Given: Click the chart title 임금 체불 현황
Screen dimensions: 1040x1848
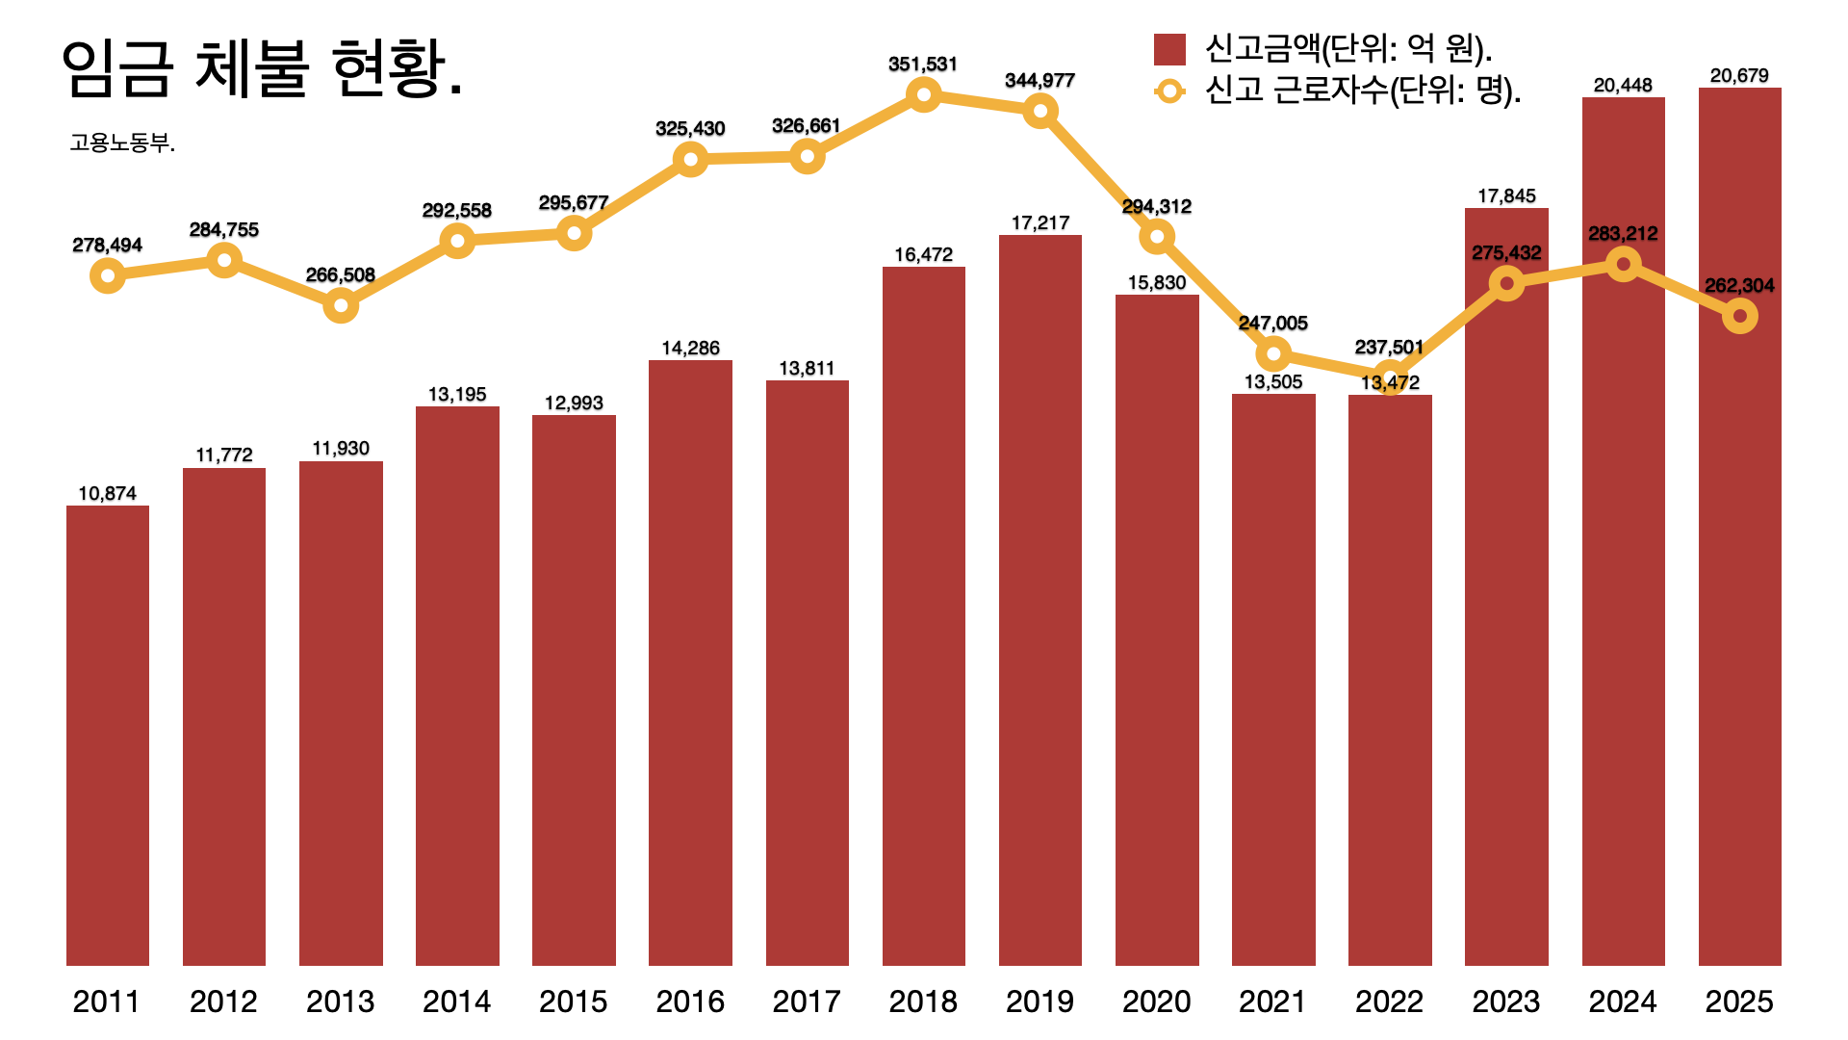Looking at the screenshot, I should [x=262, y=69].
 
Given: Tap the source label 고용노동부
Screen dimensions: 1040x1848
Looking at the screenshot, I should [x=122, y=143].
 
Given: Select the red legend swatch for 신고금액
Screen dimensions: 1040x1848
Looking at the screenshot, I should [x=1169, y=49].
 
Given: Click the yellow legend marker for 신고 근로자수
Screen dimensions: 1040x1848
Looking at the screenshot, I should [x=1169, y=91].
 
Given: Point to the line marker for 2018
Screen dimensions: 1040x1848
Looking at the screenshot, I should [x=923, y=94].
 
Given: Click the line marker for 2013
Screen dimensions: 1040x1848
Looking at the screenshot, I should [x=341, y=306].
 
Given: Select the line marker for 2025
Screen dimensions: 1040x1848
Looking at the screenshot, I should [x=1739, y=316].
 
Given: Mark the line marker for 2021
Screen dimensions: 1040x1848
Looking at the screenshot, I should [x=1273, y=354].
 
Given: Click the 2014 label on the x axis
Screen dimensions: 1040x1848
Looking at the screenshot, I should [x=456, y=1001].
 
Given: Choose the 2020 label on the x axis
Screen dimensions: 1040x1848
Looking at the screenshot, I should [x=1156, y=1001].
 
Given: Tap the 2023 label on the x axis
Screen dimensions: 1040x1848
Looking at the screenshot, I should [x=1506, y=1001].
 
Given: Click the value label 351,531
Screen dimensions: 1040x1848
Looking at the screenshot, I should [x=923, y=65].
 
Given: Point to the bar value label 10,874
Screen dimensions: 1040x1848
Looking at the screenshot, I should [x=108, y=494].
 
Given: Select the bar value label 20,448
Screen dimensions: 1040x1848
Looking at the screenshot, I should [x=1623, y=86].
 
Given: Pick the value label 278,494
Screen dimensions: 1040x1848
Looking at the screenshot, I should [x=108, y=246].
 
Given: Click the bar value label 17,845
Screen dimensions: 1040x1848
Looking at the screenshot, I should [x=1506, y=196].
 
